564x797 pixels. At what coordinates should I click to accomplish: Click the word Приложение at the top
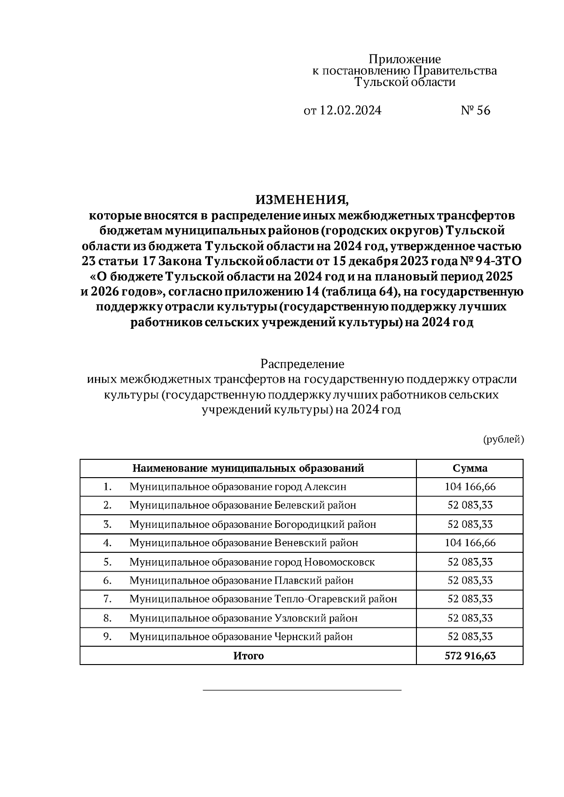point(404,59)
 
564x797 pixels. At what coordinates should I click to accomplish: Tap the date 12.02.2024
point(351,110)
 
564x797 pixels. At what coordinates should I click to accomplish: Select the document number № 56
point(475,110)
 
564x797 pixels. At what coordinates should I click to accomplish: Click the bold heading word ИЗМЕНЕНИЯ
point(302,200)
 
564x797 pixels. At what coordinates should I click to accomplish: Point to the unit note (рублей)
point(503,440)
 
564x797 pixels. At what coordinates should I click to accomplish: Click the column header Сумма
point(470,468)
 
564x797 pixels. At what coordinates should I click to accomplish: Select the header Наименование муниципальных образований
point(248,468)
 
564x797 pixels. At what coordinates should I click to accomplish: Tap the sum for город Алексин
point(470,487)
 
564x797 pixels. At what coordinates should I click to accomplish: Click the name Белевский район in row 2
point(315,505)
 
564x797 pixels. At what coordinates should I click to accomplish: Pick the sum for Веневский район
point(470,543)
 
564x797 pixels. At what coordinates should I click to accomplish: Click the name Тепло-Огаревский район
point(335,599)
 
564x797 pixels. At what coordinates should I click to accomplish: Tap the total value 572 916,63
point(470,656)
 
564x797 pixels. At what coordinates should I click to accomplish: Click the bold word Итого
point(248,656)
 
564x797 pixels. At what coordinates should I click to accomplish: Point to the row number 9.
point(107,637)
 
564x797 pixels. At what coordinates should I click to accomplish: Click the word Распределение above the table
point(302,364)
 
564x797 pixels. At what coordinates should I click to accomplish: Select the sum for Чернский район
point(470,637)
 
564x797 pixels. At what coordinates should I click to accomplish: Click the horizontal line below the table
point(302,690)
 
